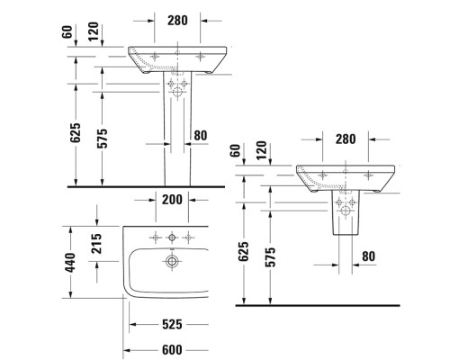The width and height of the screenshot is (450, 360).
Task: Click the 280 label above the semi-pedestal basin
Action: (x=346, y=139)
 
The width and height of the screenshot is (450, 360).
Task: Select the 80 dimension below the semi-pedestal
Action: (x=367, y=256)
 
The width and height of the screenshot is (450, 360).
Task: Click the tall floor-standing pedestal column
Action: (x=176, y=135)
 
